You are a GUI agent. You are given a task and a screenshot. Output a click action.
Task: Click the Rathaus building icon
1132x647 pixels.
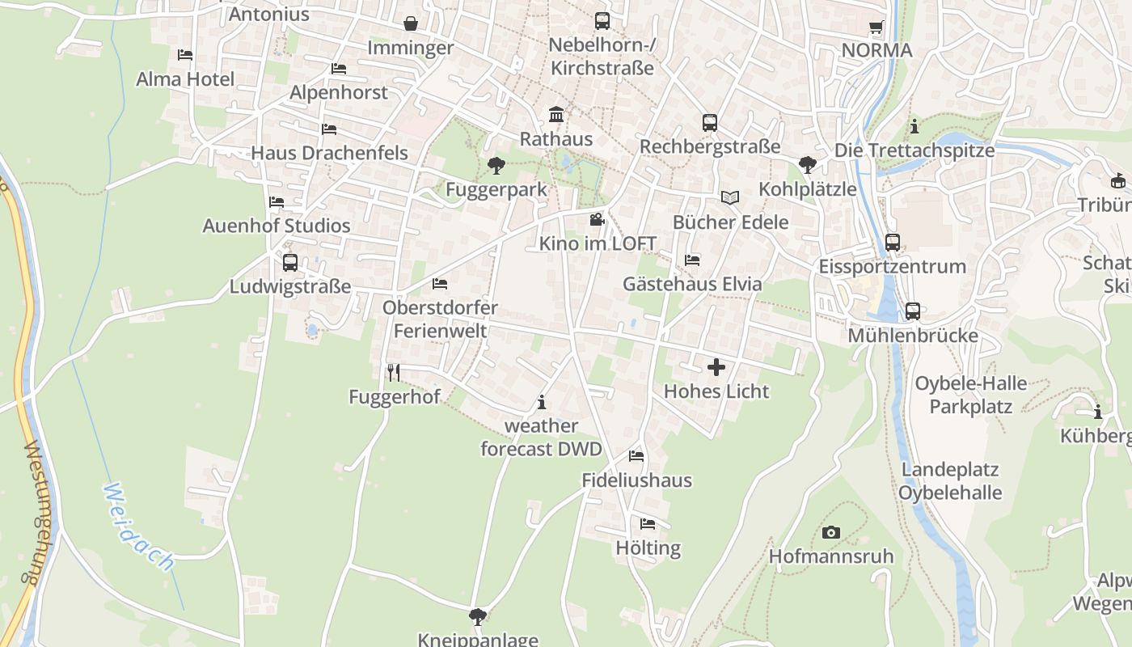tap(556, 114)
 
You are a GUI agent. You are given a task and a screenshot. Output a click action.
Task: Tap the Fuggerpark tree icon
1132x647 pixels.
tap(496, 166)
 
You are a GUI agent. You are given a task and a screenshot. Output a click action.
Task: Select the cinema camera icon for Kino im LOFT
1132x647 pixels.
tap(597, 219)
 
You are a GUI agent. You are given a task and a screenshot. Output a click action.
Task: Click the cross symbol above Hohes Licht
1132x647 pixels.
tap(716, 368)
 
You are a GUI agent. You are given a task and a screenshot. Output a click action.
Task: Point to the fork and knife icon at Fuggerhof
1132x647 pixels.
tap(394, 372)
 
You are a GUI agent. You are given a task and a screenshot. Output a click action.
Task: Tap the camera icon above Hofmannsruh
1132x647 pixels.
tap(830, 532)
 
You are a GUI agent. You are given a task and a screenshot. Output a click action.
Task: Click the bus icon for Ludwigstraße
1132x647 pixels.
tap(290, 263)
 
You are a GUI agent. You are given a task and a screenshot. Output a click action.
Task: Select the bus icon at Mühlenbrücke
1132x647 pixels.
tap(913, 311)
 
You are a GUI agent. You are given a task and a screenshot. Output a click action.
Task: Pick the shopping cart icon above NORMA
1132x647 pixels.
tap(876, 27)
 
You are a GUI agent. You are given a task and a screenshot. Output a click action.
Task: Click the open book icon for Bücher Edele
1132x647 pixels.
tap(730, 197)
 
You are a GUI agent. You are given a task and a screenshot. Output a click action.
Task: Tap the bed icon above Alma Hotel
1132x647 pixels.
tap(185, 55)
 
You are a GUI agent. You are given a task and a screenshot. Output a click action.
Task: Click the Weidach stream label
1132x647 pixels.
tap(139, 526)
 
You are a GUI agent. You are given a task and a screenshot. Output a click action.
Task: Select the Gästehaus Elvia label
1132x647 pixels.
tap(692, 284)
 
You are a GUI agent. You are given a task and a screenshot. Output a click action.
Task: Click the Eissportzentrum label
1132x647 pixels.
tap(893, 266)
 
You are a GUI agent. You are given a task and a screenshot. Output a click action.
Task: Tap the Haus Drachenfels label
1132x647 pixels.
tap(329, 153)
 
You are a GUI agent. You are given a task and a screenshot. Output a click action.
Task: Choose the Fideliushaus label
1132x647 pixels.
tap(637, 480)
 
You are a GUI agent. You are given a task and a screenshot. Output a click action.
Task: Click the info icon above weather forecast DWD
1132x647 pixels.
tap(542, 402)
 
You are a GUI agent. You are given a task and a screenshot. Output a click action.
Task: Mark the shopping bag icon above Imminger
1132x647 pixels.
tap(411, 23)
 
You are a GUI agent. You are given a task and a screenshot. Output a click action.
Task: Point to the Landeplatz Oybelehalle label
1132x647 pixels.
tap(950, 481)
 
